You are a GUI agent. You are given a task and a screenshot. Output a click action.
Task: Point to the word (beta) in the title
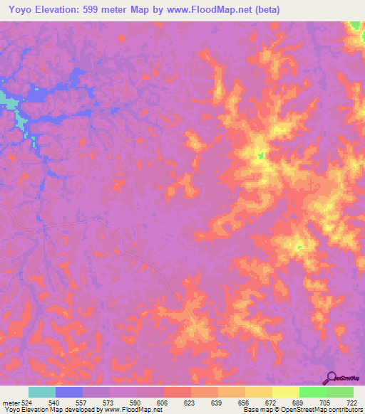click(x=264, y=10)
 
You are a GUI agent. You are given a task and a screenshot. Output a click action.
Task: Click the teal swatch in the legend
click(x=42, y=392)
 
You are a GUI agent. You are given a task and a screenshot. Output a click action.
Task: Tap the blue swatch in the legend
click(x=69, y=392)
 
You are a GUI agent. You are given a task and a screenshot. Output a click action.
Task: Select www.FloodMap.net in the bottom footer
click(x=133, y=410)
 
